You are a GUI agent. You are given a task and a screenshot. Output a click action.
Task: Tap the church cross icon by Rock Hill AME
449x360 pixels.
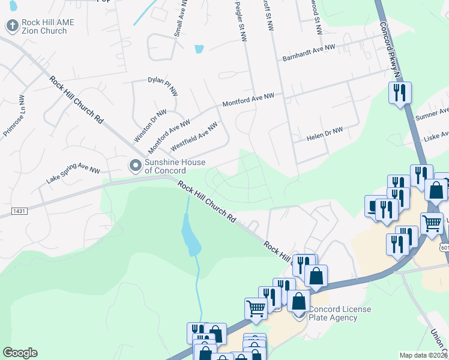point(11,26)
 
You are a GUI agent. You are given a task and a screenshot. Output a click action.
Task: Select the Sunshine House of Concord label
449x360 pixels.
point(174,166)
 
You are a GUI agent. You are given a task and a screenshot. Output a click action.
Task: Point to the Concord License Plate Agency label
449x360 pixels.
point(340,313)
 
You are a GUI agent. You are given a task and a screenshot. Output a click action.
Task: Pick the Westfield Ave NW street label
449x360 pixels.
point(194,137)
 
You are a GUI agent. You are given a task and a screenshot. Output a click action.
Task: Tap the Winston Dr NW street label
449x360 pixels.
point(150,125)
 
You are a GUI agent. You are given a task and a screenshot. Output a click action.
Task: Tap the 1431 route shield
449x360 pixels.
point(19,211)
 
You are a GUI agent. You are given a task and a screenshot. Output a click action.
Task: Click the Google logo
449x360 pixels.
point(20,353)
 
